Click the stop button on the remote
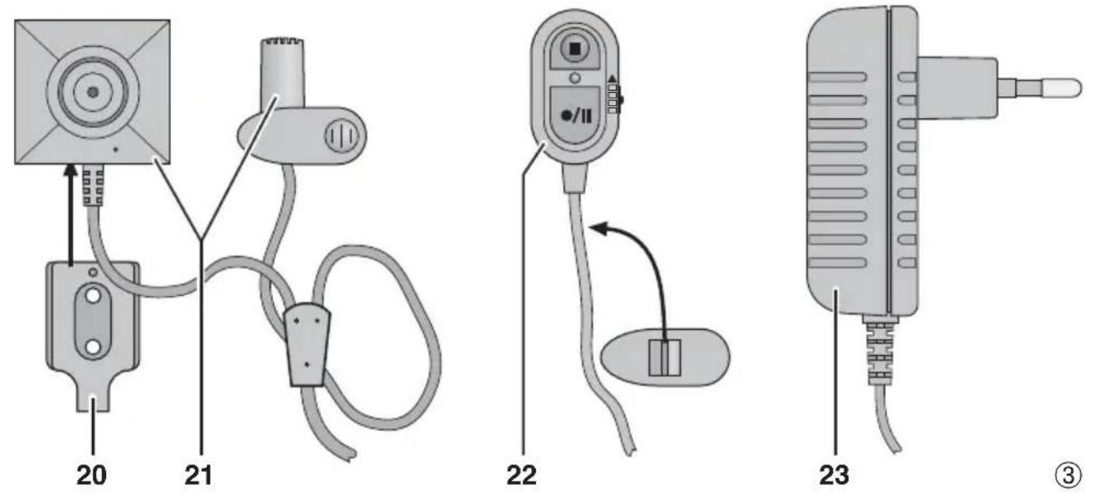coord(574,48)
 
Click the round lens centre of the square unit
coord(92,90)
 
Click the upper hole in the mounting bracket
coord(93,293)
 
